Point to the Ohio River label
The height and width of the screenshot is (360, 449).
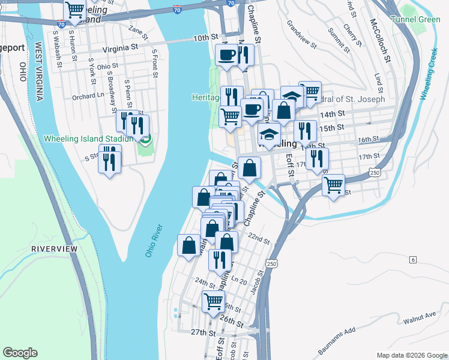(154, 241)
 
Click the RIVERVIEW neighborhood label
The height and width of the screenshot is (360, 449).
(55, 248)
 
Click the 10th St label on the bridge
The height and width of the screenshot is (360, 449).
(205, 38)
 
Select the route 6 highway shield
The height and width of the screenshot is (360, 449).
(413, 259)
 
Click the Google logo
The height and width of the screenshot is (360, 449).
(20, 352)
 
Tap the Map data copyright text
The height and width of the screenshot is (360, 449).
(411, 355)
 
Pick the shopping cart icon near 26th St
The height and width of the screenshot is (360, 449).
(213, 300)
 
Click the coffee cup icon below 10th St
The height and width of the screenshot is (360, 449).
(226, 55)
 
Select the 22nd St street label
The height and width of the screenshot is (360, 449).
(259, 239)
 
